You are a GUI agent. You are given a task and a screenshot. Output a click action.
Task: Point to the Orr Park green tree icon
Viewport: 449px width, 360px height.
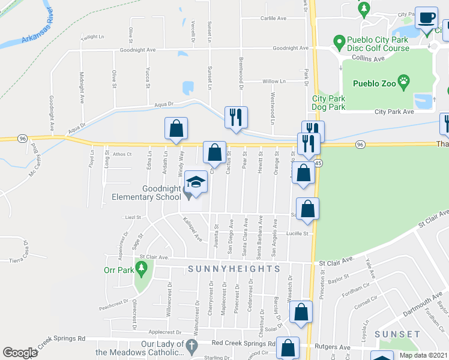point(143,270)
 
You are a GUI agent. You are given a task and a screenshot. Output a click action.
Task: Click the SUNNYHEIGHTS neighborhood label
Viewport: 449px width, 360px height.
point(233,269)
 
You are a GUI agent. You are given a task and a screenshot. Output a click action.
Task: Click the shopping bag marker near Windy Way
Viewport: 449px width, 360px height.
point(176,129)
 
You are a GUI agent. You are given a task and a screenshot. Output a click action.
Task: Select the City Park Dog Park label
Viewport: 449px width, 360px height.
point(328,103)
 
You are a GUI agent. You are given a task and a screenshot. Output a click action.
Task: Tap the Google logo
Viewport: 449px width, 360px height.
point(20,353)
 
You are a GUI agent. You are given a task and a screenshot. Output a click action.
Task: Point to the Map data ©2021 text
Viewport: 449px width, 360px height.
point(423,355)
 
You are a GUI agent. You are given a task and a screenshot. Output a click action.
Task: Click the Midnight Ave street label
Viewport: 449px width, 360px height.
point(82,87)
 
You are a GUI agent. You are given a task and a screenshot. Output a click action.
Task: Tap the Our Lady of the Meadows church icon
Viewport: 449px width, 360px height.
point(191,346)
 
